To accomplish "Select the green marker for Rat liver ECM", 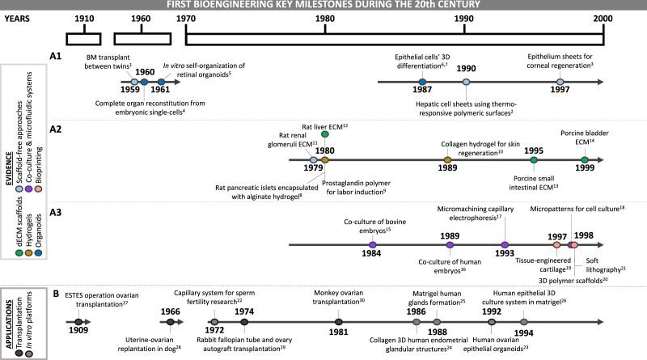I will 324,133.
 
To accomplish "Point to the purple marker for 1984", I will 372,244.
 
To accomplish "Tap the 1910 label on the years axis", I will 82,18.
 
